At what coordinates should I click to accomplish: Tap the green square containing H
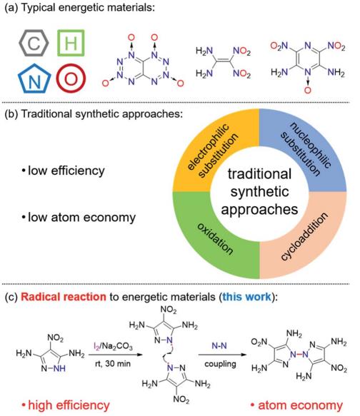(x=59, y=43)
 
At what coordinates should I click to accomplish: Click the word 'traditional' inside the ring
(x=259, y=174)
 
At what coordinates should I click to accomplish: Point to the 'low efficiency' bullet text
(x=64, y=171)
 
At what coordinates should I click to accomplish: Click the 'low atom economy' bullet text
(x=79, y=218)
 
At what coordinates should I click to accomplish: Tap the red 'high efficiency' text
(x=66, y=405)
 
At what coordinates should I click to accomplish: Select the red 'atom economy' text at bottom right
(x=297, y=405)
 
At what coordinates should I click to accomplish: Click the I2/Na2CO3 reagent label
(x=114, y=346)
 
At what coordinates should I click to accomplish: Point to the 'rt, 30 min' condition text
(x=113, y=363)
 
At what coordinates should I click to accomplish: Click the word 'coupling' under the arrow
(x=220, y=364)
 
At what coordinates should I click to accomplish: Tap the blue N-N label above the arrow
(x=219, y=345)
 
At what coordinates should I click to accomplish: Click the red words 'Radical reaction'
(x=64, y=297)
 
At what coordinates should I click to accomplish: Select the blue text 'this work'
(x=247, y=297)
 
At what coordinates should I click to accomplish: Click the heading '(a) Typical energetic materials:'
(x=80, y=7)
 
